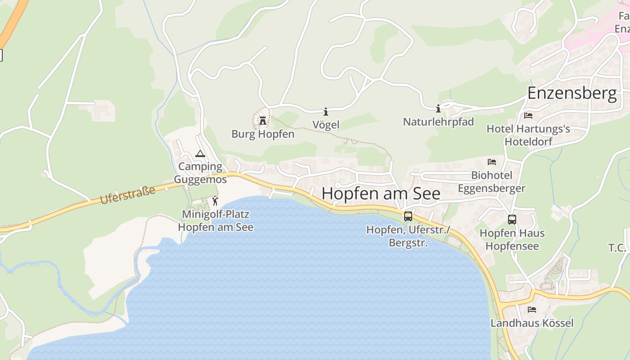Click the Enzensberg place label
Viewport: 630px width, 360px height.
pos(571,94)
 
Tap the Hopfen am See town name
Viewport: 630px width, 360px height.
pos(381,193)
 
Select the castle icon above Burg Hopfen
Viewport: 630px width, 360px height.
pos(263,121)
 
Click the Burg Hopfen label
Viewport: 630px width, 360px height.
pos(263,134)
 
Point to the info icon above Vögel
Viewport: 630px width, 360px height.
pos(326,112)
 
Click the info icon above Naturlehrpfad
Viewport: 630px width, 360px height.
pos(438,108)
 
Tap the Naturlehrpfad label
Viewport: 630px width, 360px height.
pos(438,122)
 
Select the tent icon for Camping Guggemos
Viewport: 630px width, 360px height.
pos(200,154)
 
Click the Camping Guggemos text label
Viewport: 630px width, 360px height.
pos(200,173)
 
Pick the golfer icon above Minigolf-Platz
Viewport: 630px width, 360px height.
pos(215,201)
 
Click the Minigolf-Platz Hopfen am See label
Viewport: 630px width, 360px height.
pos(216,220)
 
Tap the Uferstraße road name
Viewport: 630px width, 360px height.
pos(127,195)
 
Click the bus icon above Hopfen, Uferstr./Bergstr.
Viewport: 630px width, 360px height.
pos(408,216)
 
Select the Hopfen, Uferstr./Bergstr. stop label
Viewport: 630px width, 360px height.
pos(408,236)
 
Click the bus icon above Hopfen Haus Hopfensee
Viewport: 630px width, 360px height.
pos(512,220)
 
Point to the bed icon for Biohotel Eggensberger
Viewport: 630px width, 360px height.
pos(492,162)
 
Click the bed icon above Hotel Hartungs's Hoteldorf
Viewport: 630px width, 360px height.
pos(528,116)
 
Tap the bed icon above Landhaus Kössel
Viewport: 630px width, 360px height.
pos(532,310)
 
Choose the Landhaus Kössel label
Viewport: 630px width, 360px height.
pos(532,323)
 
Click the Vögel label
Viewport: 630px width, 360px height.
pos(326,125)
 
